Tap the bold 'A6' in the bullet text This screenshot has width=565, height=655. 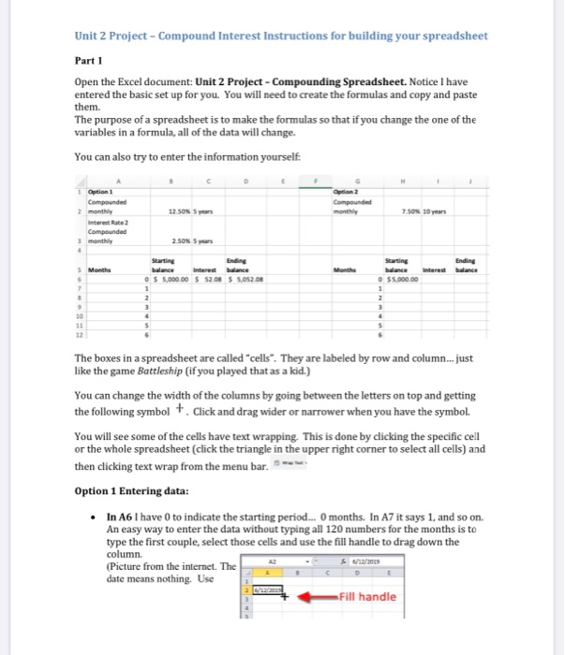coord(135,516)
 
